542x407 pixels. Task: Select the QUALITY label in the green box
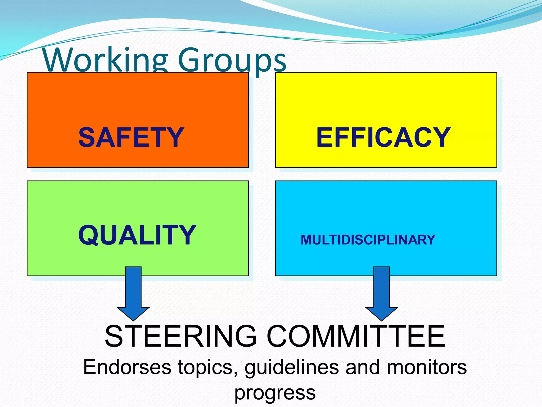point(137,235)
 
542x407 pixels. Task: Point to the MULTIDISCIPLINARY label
point(368,240)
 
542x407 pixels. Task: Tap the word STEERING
point(181,337)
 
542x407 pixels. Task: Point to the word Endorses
point(127,367)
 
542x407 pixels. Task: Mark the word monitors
point(427,367)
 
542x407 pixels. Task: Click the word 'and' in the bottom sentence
point(363,367)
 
